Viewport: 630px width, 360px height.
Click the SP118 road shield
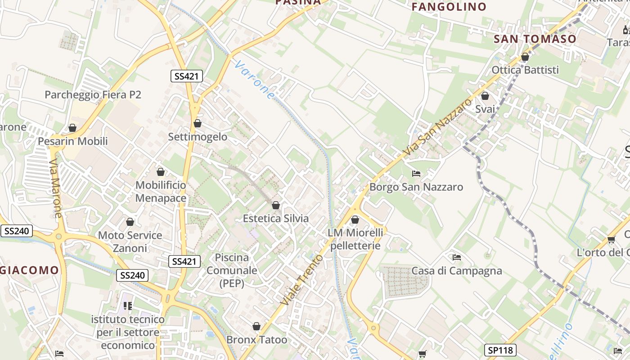(x=500, y=350)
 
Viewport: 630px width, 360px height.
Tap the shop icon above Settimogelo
(x=198, y=123)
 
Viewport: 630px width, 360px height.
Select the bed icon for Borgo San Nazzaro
(x=416, y=173)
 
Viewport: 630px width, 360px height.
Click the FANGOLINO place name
(x=449, y=7)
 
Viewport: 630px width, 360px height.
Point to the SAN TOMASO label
(x=535, y=39)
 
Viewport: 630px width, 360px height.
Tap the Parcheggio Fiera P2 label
(x=93, y=94)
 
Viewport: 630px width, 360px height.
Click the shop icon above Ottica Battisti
(x=525, y=57)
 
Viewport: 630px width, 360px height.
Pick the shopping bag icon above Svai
(x=485, y=96)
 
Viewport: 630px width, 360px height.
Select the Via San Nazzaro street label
(x=433, y=126)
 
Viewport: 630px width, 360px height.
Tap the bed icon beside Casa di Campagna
(x=457, y=257)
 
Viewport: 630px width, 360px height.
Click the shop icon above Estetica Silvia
(x=276, y=205)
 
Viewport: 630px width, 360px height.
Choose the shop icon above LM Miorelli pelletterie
(x=355, y=220)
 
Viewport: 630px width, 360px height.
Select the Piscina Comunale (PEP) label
(x=232, y=270)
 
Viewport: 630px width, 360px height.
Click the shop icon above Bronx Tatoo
(x=256, y=326)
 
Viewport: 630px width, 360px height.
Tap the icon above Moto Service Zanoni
(x=130, y=222)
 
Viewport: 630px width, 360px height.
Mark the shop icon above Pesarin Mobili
(x=72, y=128)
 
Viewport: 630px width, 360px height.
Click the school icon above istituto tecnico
(x=128, y=306)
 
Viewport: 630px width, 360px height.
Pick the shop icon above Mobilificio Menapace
(x=161, y=172)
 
